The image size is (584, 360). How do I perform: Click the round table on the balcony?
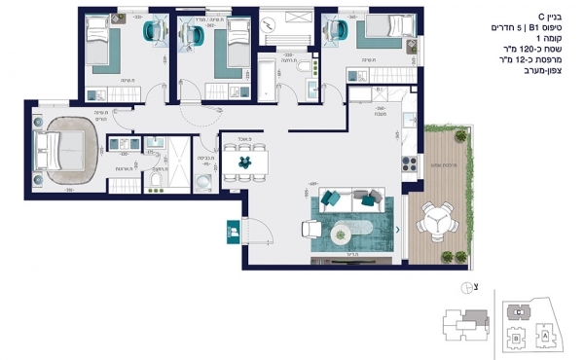[x=434, y=224]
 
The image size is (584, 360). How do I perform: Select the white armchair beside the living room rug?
[x=310, y=230]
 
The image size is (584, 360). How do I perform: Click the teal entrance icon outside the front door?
[x=234, y=232]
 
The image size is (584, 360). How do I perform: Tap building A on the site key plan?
[x=545, y=334]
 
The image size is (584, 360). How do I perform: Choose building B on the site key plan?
[x=515, y=342]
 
